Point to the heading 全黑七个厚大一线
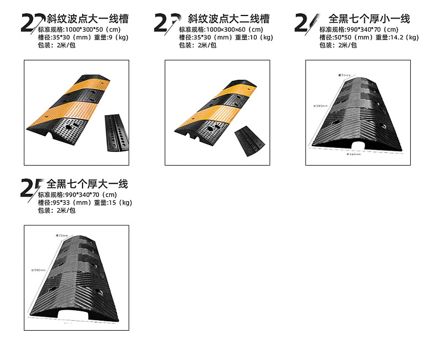(88, 184)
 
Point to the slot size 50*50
(342, 38)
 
